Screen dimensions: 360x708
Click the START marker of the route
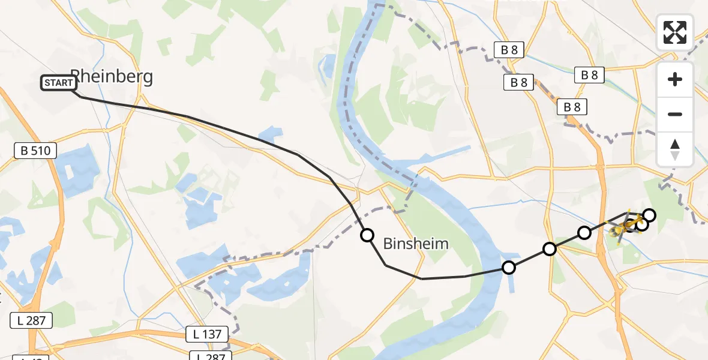click(59, 83)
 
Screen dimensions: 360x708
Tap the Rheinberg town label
click(112, 76)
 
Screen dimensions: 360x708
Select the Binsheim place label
click(416, 243)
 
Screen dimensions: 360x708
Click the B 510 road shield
click(35, 151)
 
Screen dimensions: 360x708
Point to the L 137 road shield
click(208, 334)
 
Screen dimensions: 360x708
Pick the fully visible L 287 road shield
click(31, 320)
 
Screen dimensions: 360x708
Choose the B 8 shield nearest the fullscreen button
click(589, 75)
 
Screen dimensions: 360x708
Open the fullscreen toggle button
click(675, 32)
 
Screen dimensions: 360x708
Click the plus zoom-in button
click(675, 79)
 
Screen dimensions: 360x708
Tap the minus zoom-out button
click(675, 114)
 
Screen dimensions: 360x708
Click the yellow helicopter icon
click(624, 227)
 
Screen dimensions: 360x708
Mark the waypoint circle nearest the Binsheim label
click(367, 235)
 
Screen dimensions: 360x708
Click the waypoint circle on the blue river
click(509, 268)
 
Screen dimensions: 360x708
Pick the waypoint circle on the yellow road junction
click(550, 248)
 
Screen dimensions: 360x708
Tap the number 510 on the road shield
click(40, 151)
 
